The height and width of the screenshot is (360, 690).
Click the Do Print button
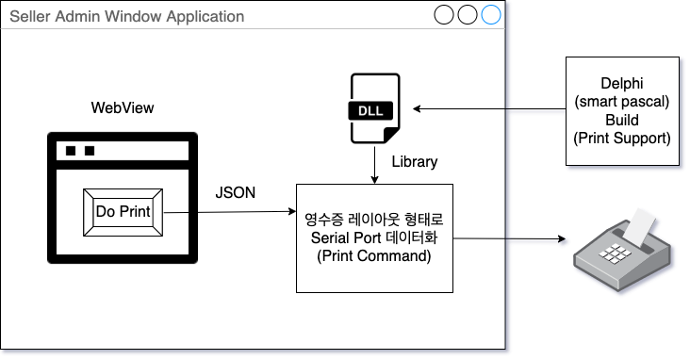point(123,211)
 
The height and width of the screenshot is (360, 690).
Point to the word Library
point(414,161)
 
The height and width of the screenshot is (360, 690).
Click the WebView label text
point(123,107)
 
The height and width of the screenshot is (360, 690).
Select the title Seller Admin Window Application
point(126,17)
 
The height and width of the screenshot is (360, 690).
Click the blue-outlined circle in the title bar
point(491,15)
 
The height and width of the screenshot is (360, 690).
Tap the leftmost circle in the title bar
point(444,15)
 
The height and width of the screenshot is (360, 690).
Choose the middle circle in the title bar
point(468,15)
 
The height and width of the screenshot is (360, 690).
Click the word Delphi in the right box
point(622,85)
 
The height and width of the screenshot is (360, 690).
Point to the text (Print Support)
point(622,139)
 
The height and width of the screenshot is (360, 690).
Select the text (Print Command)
point(375,254)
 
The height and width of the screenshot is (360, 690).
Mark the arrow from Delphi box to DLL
point(490,110)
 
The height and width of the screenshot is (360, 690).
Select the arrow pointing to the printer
point(509,237)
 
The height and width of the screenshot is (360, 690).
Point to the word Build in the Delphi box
point(622,121)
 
